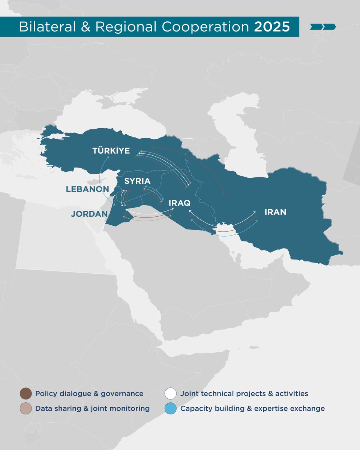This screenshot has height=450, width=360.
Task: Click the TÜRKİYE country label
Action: pos(111,151)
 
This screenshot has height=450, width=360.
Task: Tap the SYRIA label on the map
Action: pos(137,181)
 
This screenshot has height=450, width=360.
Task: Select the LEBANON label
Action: pos(87,189)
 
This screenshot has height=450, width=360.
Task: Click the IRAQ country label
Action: pos(180,203)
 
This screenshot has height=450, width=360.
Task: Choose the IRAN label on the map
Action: pos(275,212)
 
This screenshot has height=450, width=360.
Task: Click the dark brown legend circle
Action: pos(25,394)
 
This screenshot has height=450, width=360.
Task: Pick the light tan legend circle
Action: pos(25,409)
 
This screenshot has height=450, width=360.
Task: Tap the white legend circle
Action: pos(171,394)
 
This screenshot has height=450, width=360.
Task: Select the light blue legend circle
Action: pos(171,409)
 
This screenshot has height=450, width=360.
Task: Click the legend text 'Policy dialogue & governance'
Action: pos(89,394)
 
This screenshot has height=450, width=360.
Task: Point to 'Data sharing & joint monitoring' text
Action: pos(92,409)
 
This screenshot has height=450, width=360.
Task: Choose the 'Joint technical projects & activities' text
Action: pos(244,394)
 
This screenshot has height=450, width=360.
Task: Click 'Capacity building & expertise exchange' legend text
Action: pos(252,409)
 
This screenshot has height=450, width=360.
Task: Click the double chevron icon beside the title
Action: pos(323,27)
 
